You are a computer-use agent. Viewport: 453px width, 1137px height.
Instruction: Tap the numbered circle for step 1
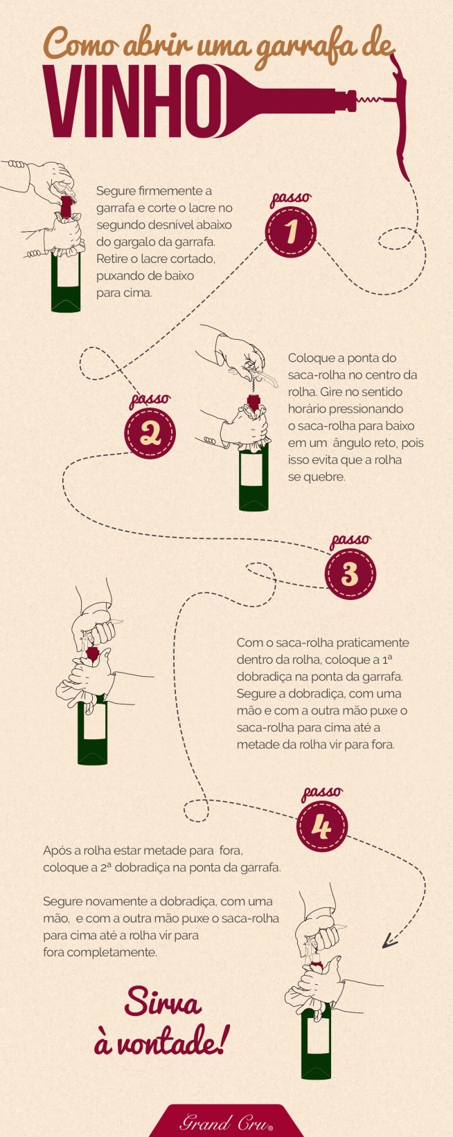coord(291,232)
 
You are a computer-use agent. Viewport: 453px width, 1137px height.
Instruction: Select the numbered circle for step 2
coord(150,434)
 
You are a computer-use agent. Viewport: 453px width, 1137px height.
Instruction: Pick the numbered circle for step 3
coord(350,574)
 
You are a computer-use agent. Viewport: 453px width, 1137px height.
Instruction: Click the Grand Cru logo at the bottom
coord(226,1122)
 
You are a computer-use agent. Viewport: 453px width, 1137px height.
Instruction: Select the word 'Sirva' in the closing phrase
coord(163,1003)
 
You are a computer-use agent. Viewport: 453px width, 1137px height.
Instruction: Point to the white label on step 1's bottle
coord(66,275)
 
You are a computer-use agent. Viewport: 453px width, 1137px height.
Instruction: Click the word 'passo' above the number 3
coord(350,540)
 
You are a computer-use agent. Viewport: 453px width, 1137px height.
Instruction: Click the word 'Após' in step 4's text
coord(56,850)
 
